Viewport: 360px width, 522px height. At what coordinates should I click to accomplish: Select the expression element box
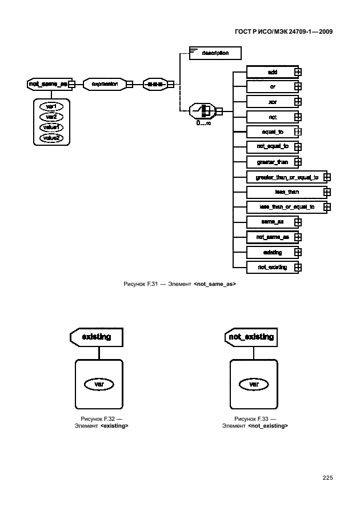105,84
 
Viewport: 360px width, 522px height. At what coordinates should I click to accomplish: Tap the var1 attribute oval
51,106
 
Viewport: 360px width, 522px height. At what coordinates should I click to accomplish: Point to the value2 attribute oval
51,138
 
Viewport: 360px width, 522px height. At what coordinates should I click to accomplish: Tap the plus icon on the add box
298,71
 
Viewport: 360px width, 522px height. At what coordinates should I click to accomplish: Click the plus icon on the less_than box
327,192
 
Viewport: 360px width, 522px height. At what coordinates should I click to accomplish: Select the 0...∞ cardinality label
204,122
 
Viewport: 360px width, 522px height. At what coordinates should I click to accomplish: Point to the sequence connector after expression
154,84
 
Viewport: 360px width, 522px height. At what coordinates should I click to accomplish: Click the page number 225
327,478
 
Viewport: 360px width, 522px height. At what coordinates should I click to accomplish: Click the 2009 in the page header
324,32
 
